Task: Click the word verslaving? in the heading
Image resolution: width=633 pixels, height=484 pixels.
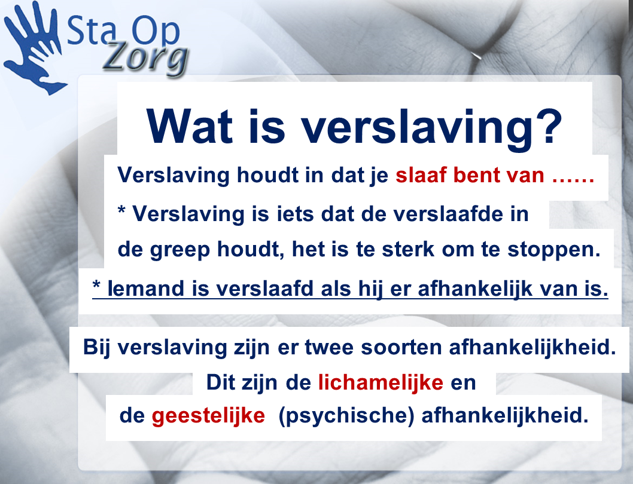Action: [x=433, y=130]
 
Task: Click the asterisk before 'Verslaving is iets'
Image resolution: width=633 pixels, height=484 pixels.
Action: [x=121, y=210]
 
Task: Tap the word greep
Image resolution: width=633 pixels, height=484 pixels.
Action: [x=180, y=250]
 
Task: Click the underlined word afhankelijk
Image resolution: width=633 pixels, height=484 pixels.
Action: [x=475, y=289]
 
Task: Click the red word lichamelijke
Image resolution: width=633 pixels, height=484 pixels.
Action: [x=381, y=382]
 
